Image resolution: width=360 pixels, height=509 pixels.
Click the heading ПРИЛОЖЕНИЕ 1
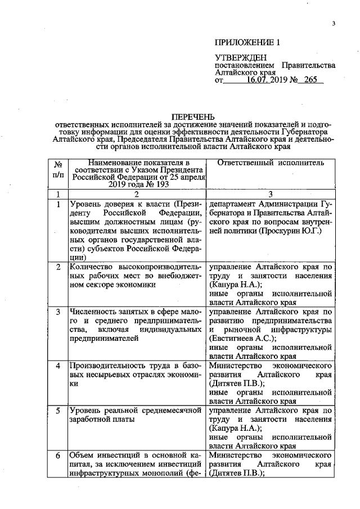coord(247,43)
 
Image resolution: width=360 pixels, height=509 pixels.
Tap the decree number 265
coord(310,80)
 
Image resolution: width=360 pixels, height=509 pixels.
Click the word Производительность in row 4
coord(103,366)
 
